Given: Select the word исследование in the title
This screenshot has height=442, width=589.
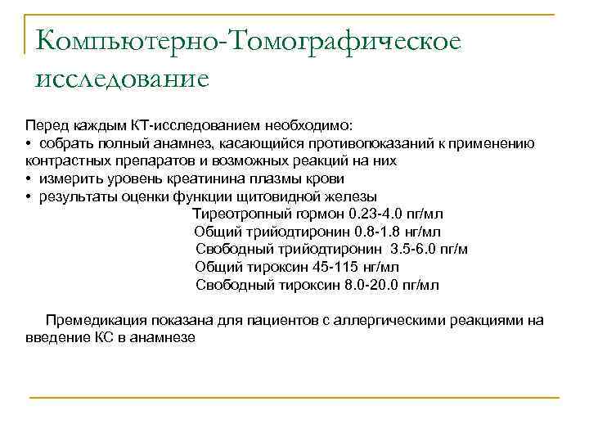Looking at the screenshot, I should click(x=122, y=80).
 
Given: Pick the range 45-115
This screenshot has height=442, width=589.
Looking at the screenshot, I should click(x=330, y=267).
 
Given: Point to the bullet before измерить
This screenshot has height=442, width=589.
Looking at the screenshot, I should click(x=29, y=178).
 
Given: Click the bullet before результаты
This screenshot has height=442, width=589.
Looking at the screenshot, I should click(x=29, y=196).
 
